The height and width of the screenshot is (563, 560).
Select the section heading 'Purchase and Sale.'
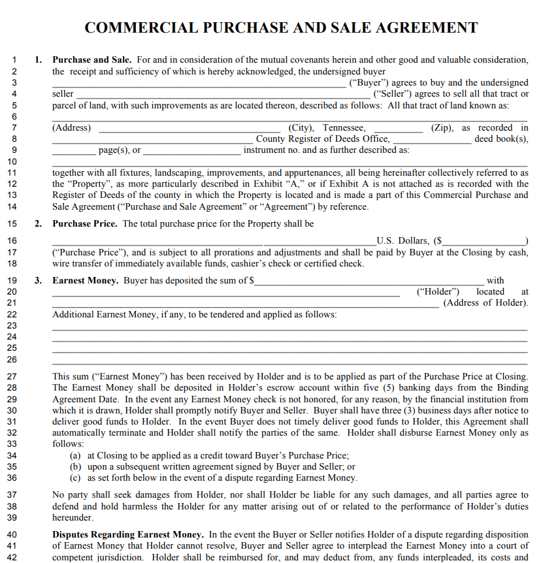click(92, 60)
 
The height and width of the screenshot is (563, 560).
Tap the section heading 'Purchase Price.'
click(85, 224)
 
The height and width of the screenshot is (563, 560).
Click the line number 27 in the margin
click(12, 377)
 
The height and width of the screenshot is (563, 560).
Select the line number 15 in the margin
click(12, 224)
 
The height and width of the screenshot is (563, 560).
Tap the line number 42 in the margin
click(12, 558)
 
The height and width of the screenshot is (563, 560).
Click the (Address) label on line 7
click(72, 128)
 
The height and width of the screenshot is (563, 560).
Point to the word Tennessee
click(344, 128)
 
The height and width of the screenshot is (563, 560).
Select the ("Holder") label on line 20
click(438, 292)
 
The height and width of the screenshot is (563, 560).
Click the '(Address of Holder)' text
click(486, 303)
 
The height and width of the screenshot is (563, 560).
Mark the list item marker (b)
click(76, 467)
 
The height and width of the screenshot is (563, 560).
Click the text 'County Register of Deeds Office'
click(323, 139)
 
